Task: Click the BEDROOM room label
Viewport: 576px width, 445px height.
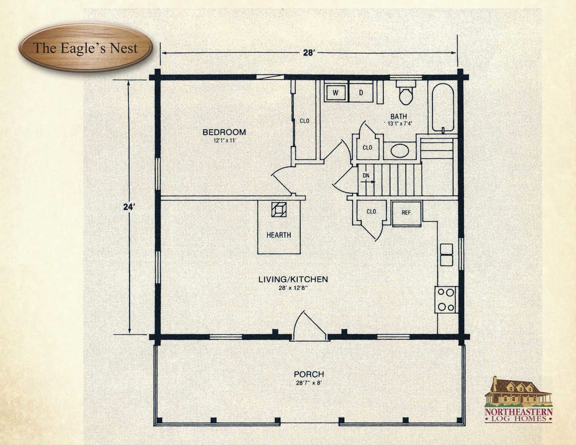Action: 224,132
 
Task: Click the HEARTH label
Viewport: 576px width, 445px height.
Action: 279,235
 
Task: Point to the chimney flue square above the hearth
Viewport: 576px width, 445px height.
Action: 279,209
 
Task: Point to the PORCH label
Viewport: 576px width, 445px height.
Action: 309,374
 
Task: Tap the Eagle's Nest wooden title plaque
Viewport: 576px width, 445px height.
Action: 85,48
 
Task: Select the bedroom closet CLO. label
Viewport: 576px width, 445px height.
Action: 305,121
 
